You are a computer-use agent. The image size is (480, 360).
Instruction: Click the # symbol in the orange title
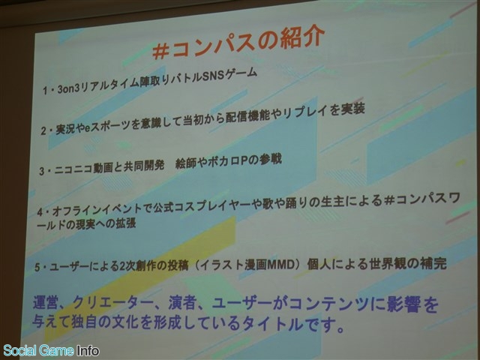point(161,51)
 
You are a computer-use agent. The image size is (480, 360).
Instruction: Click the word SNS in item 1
point(213,76)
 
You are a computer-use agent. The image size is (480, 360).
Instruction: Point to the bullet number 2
point(43,131)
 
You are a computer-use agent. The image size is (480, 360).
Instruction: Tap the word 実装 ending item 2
point(352,109)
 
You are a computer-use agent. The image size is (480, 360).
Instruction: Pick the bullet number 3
point(42,171)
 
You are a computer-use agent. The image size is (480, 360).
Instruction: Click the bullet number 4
point(40,212)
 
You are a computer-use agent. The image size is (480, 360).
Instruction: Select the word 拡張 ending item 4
point(125,223)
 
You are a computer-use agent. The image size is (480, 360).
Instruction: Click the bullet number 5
point(37,268)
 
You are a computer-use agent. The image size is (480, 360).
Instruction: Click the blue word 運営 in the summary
point(45,303)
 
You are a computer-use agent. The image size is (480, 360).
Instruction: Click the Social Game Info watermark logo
point(51,350)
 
